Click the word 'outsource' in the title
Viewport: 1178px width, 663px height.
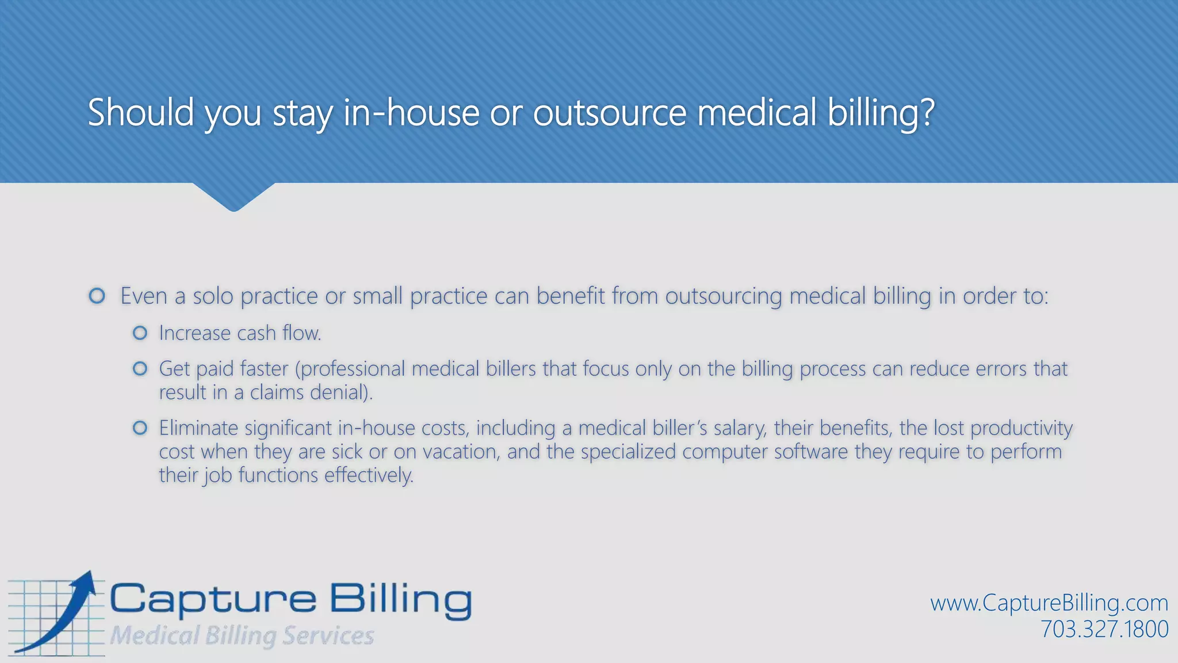[x=610, y=112]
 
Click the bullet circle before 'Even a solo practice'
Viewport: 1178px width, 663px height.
[x=97, y=296]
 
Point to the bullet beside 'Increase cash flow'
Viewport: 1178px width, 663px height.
[x=140, y=333]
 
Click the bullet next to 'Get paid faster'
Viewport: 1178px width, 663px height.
[x=140, y=368]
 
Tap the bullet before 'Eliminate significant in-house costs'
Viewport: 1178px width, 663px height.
[x=140, y=428]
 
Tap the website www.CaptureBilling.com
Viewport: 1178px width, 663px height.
[x=1049, y=603]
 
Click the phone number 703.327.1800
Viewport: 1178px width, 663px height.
[x=1104, y=629]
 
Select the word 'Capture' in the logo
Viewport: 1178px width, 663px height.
[x=213, y=600]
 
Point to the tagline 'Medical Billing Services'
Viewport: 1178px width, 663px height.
[x=242, y=635]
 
